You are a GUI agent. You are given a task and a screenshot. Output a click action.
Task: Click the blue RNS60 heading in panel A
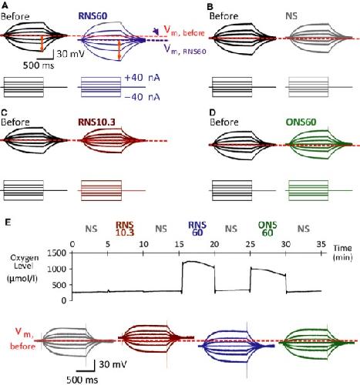click(x=93, y=16)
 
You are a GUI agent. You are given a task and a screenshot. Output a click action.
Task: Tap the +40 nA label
click(x=142, y=78)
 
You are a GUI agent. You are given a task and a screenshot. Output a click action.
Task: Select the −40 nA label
click(x=142, y=97)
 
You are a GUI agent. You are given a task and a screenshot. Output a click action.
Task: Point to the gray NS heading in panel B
click(x=291, y=16)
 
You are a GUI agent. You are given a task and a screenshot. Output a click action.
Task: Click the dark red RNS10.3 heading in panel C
click(x=96, y=122)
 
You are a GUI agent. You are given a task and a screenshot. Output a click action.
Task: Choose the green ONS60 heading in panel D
click(x=301, y=122)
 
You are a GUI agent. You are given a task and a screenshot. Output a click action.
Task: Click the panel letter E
click(x=8, y=223)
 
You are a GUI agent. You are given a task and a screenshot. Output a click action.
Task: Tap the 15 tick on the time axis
click(x=179, y=244)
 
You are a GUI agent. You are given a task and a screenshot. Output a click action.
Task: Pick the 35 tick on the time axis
click(x=321, y=244)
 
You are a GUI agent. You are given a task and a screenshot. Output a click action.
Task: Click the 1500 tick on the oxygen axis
click(x=57, y=253)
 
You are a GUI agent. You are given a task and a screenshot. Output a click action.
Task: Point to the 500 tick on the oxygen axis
click(x=59, y=285)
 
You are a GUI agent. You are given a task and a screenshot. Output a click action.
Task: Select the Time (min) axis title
click(x=343, y=253)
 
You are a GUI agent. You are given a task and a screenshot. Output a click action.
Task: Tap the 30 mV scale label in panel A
click(x=70, y=54)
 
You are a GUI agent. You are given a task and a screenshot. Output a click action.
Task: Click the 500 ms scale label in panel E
click(x=82, y=380)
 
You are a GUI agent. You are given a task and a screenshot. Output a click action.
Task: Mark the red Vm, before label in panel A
click(x=184, y=32)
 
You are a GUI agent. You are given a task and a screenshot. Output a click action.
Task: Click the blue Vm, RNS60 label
click(x=185, y=49)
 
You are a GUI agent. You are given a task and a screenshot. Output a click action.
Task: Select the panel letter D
click(x=213, y=112)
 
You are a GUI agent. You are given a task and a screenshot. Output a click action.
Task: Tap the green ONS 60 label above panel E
click(x=267, y=229)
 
